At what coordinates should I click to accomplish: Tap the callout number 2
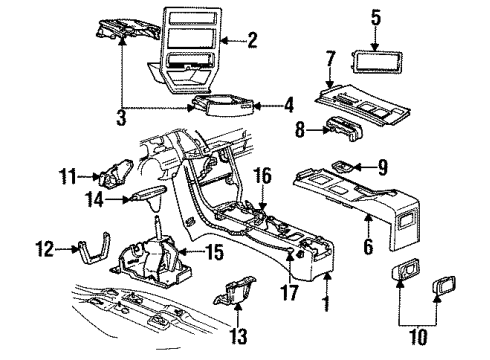tap(252, 41)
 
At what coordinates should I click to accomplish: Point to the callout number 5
tap(376, 16)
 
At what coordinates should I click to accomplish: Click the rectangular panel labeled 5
tap(376, 62)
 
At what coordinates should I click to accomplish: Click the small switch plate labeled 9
tap(346, 166)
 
